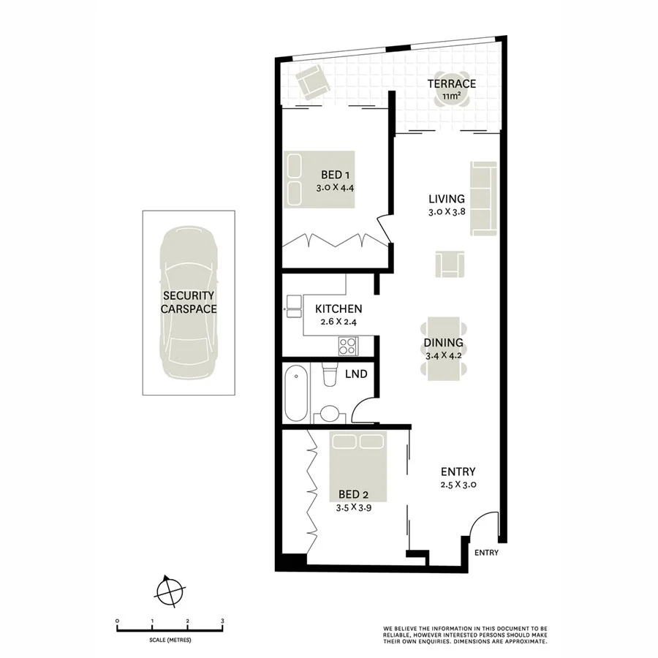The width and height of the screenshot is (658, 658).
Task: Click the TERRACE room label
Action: pos(451,83)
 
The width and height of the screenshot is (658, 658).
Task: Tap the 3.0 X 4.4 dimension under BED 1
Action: pos(335,187)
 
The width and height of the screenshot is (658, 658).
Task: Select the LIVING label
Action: pos(447,199)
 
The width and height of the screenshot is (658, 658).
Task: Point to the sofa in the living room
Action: pos(483,199)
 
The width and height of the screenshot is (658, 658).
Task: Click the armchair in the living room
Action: pos(449,263)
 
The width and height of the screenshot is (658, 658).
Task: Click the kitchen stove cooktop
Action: pos(347,344)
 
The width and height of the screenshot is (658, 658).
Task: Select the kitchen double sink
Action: pos(294,306)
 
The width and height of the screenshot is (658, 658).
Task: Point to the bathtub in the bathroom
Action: pos(296,393)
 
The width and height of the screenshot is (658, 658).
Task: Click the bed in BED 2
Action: pos(358,468)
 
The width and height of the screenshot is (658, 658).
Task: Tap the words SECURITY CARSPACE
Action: pos(189,302)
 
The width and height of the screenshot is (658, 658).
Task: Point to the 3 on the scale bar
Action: pos(222,621)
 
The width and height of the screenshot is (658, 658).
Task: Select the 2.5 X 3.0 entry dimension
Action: pos(458,485)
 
